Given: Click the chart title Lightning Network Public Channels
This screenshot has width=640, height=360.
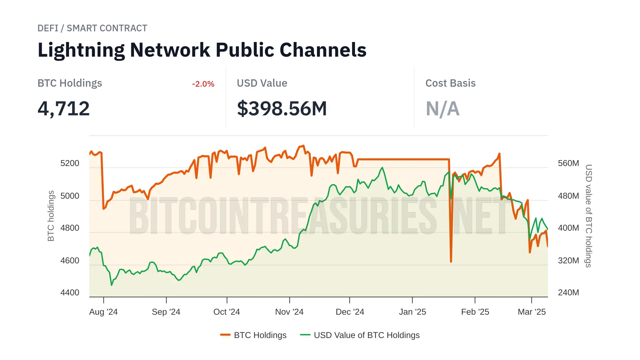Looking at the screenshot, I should (202, 50).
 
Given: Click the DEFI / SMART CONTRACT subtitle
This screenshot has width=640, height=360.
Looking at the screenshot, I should (92, 28).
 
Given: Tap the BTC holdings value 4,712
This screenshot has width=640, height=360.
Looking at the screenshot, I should (64, 109).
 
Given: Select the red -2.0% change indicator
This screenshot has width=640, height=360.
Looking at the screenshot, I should (203, 84).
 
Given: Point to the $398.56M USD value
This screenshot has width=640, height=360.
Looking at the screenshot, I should (282, 109).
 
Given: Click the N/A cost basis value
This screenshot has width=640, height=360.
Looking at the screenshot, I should (442, 109).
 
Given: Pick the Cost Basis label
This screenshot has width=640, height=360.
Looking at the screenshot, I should (450, 83).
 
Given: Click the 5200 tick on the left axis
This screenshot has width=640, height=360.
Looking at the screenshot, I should (70, 163).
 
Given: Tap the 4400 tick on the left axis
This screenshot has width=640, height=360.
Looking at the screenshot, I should (70, 293).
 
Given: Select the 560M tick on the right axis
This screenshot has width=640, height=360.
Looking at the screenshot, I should (568, 163).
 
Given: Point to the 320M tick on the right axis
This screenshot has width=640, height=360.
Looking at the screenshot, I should (568, 261).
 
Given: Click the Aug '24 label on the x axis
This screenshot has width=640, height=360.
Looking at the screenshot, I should (103, 312).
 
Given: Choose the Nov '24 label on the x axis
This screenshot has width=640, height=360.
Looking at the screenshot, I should (289, 312).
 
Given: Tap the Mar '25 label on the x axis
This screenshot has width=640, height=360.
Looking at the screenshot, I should (532, 312).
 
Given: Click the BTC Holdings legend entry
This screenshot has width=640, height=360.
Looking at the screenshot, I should (254, 335).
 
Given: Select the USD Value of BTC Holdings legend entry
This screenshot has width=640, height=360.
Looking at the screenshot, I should (360, 335).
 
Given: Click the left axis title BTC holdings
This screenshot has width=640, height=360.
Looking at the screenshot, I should (51, 216).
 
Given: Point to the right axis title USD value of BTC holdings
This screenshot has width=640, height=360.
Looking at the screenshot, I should (589, 216).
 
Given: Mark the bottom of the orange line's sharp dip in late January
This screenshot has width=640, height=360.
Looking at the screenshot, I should (451, 262).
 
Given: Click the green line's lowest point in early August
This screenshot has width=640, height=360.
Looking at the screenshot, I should (112, 285).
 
